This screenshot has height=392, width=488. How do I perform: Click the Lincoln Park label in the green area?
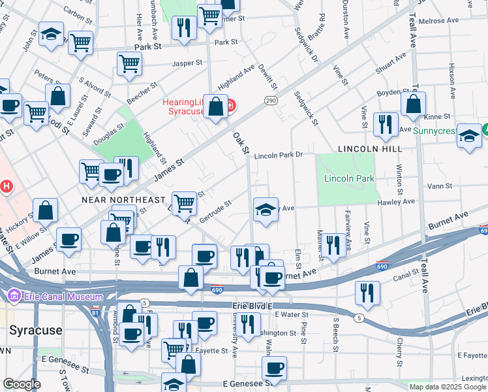349,178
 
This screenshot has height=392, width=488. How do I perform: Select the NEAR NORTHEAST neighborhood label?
123,199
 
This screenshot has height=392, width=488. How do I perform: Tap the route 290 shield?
271,100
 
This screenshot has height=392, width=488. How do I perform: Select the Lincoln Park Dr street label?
279,155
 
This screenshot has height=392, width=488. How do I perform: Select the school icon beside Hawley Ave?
264,210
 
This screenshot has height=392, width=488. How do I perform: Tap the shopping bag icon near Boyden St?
414,103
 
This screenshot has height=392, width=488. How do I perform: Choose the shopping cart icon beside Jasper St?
129,63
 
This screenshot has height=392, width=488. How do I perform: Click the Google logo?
22,384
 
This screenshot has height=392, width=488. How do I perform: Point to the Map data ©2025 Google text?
448,387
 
